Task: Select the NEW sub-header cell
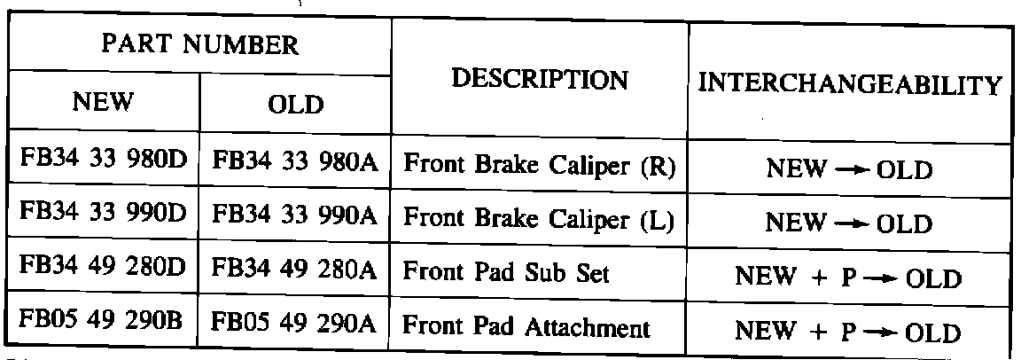click(103, 103)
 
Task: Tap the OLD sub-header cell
click(295, 105)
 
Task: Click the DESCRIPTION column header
click(540, 80)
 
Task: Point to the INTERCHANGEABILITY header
click(850, 86)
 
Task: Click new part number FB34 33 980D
click(104, 162)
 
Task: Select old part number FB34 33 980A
click(296, 164)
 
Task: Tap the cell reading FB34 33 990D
click(104, 217)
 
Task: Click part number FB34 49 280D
click(104, 270)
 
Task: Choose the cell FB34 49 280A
click(296, 272)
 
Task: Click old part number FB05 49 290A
click(296, 326)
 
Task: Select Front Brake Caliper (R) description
click(540, 166)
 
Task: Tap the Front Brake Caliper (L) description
click(539, 220)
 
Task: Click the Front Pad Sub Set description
click(506, 273)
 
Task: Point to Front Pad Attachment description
click(526, 327)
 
